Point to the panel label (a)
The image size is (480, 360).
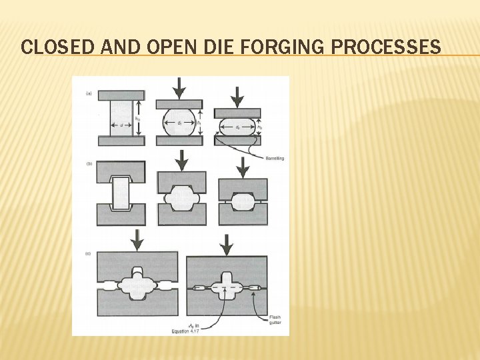(89, 93)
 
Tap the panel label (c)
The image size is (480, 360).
(89, 253)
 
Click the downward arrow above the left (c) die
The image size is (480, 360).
(138, 239)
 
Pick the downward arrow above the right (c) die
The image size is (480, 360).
(227, 244)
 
